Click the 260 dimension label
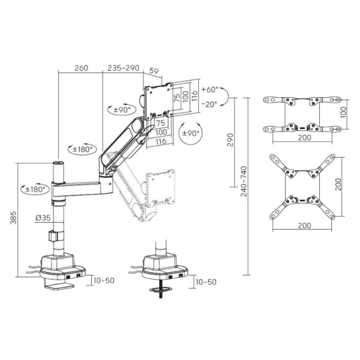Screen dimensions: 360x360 (81, 68)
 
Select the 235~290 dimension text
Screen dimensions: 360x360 (123, 68)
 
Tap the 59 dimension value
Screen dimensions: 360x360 (154, 71)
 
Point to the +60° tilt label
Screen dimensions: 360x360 (209, 89)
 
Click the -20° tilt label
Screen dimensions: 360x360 (209, 104)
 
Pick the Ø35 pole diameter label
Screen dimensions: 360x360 (43, 218)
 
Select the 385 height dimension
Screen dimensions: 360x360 (14, 218)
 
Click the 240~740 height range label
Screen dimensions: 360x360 (244, 181)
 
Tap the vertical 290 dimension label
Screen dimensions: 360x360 (230, 140)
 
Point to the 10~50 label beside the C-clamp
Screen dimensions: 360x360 (104, 281)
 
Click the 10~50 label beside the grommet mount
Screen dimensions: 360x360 (206, 282)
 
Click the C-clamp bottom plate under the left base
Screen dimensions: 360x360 (59, 287)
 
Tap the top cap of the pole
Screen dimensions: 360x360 (58, 163)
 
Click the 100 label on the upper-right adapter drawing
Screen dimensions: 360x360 (343, 112)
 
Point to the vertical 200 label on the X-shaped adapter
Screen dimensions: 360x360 (338, 184)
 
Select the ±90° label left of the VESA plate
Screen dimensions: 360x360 (122, 110)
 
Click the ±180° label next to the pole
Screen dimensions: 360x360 (35, 190)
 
